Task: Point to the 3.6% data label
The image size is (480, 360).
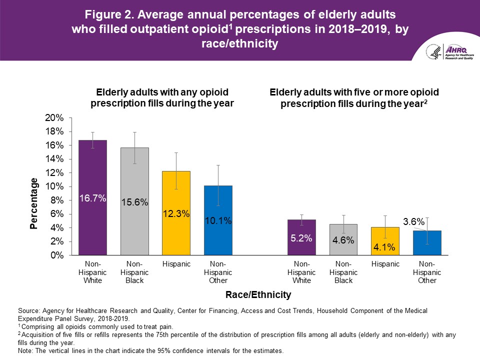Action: pyautogui.click(x=414, y=220)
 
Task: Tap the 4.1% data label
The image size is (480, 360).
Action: pyautogui.click(x=385, y=247)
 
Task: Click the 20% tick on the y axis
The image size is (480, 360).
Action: pyautogui.click(x=55, y=118)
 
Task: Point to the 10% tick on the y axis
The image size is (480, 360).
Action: pyautogui.click(x=55, y=186)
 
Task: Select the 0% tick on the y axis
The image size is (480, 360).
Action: pyautogui.click(x=57, y=255)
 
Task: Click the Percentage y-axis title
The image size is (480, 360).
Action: pyautogui.click(x=33, y=203)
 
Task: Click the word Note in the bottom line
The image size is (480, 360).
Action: pyautogui.click(x=25, y=350)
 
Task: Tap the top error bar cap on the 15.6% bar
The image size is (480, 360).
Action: pyautogui.click(x=135, y=132)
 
